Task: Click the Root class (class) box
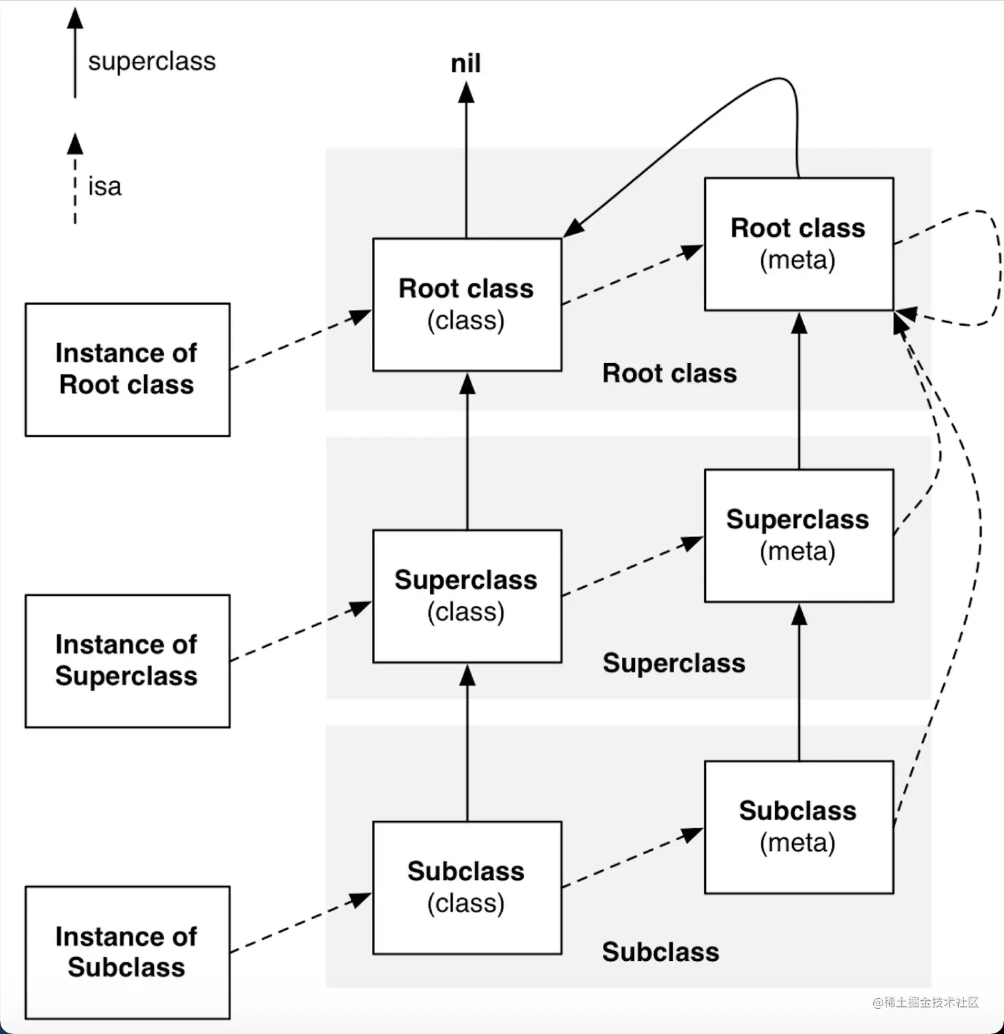pos(467,305)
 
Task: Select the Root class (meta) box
pos(798,244)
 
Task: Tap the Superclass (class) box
pos(467,595)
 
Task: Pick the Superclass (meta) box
pos(798,535)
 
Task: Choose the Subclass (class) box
pos(467,887)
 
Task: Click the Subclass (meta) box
pos(798,826)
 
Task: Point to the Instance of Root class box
pos(127,369)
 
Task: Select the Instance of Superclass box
pos(127,660)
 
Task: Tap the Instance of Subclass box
pos(127,952)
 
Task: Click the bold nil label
pos(465,64)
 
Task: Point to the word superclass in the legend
pos(152,61)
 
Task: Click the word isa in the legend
pos(105,186)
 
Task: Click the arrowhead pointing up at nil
pos(466,92)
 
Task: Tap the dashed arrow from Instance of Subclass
pos(299,924)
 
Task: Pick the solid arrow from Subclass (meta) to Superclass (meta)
pos(799,684)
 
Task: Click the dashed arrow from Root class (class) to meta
pos(631,275)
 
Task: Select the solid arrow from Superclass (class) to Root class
pos(467,451)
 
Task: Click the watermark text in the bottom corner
pos(926,1002)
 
